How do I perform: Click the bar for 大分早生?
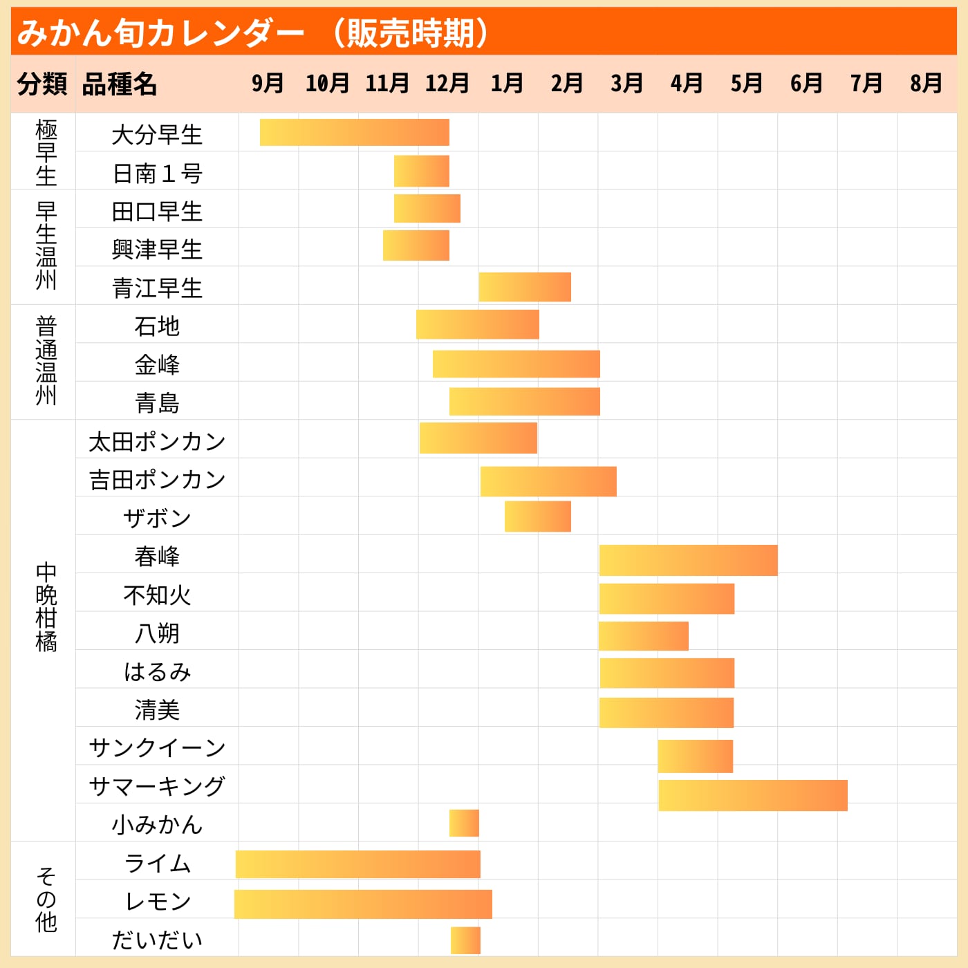pyautogui.click(x=354, y=133)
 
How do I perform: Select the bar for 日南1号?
pyautogui.click(x=421, y=171)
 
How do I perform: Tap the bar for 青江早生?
pyautogui.click(x=525, y=287)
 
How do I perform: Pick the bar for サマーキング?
pyautogui.click(x=753, y=795)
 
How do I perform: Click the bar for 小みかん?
pyautogui.click(x=464, y=823)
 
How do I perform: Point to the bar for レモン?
pyautogui.click(x=363, y=904)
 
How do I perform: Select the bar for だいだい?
pyautogui.click(x=465, y=940)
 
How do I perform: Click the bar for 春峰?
pyautogui.click(x=688, y=560)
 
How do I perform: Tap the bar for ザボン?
pyautogui.click(x=537, y=516)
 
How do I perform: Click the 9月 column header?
pyautogui.click(x=268, y=84)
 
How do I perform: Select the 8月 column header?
pyautogui.click(x=926, y=84)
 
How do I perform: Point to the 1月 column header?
pyautogui.click(x=507, y=84)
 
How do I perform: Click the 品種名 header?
pyautogui.click(x=120, y=84)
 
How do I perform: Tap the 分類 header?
pyautogui.click(x=42, y=84)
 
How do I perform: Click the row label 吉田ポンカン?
pyautogui.click(x=157, y=480)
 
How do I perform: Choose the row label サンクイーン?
pyautogui.click(x=157, y=748)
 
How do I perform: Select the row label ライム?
pyautogui.click(x=157, y=864)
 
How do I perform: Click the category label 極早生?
pyautogui.click(x=46, y=152)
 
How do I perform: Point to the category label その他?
pyautogui.click(x=46, y=899)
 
